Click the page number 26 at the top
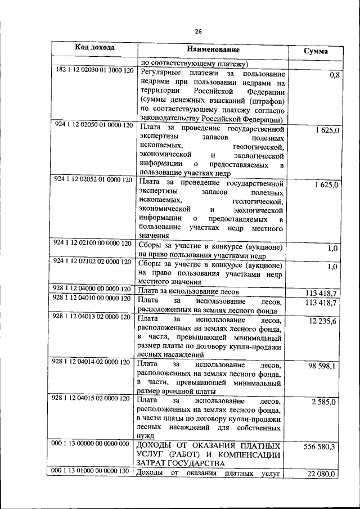199,31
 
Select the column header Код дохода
95,48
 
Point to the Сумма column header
316,52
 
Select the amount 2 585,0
324,402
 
